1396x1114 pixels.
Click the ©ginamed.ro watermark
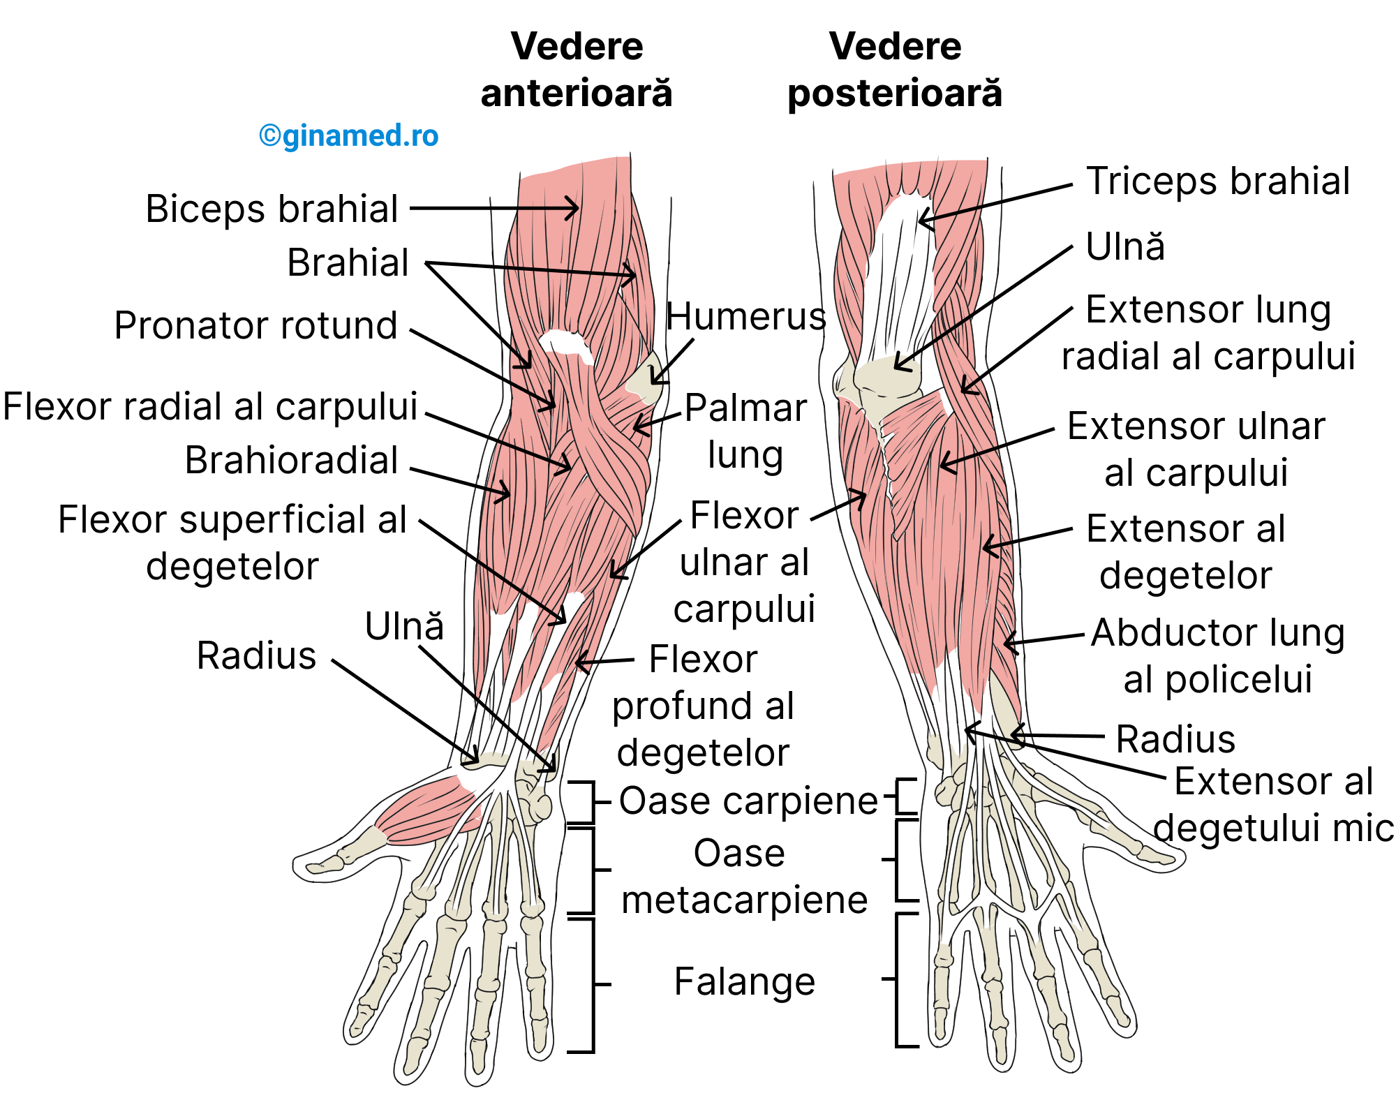point(348,135)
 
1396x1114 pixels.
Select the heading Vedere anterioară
point(577,70)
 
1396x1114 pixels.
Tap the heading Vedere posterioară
point(895,70)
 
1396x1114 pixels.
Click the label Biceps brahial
point(272,209)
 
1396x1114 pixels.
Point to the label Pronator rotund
point(256,325)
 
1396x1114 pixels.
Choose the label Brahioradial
point(291,460)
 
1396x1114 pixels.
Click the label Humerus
point(745,317)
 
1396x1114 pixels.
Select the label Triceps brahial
point(1218,181)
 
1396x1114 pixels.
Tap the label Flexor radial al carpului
point(210,406)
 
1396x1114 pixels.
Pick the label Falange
point(744,981)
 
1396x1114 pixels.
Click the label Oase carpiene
point(748,801)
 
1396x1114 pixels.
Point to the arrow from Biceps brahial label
point(493,208)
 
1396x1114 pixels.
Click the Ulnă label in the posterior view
point(1125,246)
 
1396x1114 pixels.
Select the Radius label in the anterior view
point(256,655)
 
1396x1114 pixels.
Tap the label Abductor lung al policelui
point(1218,656)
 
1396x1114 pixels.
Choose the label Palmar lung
point(745,431)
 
